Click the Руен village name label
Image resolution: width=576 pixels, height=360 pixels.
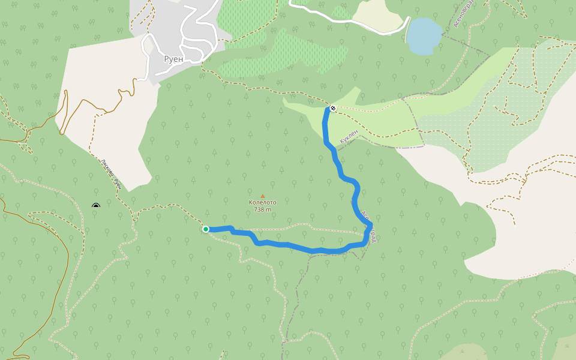[173, 59]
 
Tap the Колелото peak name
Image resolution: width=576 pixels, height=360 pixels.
[263, 202]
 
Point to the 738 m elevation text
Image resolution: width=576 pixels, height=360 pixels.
[263, 209]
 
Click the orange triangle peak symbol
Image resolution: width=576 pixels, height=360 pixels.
[262, 196]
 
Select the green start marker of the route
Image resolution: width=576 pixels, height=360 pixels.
[206, 229]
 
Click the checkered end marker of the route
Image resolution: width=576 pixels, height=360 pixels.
[332, 109]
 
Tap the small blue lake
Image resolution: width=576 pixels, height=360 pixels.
[425, 35]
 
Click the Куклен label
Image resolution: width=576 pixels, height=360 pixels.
[349, 136]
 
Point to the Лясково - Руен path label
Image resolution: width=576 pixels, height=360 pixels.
[111, 175]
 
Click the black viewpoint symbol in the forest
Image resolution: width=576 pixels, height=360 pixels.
[96, 206]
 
